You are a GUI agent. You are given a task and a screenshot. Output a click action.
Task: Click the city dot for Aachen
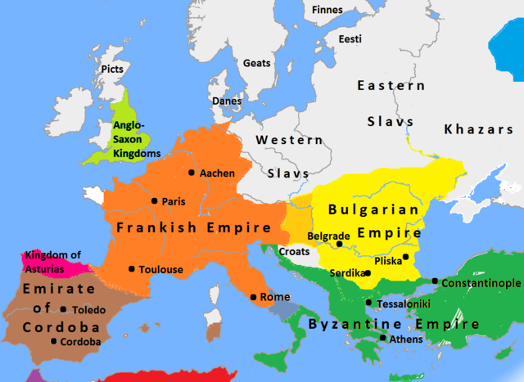(x=192, y=173)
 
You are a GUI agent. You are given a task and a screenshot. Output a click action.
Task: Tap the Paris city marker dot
(x=155, y=201)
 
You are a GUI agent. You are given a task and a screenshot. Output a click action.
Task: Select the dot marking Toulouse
(x=131, y=269)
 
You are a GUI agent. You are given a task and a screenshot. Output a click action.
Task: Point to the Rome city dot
(x=253, y=297)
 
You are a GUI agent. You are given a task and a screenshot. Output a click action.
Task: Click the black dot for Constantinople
(x=435, y=282)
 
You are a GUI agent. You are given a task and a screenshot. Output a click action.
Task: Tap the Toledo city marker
(x=64, y=310)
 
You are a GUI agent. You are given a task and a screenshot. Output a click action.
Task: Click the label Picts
(x=111, y=70)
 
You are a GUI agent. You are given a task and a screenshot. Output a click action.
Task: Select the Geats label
(x=256, y=62)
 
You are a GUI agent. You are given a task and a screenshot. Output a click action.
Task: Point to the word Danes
(x=227, y=101)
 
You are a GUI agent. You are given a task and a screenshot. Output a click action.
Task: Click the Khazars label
(x=478, y=129)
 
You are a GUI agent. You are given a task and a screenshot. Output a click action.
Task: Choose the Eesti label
(x=350, y=39)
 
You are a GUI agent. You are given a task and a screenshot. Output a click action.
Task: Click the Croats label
(x=294, y=251)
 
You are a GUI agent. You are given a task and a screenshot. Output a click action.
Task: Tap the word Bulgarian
(x=373, y=209)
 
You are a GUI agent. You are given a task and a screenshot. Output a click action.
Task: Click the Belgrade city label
(x=329, y=236)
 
